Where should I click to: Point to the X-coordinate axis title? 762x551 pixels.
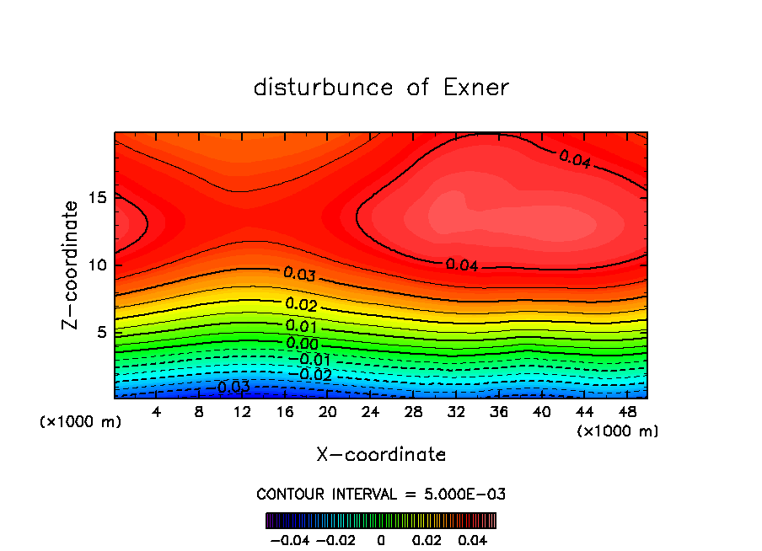pyautogui.click(x=381, y=454)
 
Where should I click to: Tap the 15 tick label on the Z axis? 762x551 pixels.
pyautogui.click(x=97, y=197)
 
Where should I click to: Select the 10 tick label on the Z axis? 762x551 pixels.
pyautogui.click(x=97, y=265)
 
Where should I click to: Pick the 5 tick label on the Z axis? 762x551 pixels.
pyautogui.click(x=101, y=332)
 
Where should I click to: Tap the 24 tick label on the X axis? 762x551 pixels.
pyautogui.click(x=370, y=412)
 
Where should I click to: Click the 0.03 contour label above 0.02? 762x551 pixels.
pyautogui.click(x=299, y=274)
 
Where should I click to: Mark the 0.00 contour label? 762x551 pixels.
pyautogui.click(x=302, y=344)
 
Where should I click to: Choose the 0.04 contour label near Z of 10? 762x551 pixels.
pyautogui.click(x=462, y=265)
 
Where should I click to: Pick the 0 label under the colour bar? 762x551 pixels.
pyautogui.click(x=381, y=538)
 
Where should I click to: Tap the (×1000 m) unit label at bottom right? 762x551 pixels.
pyautogui.click(x=618, y=431)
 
